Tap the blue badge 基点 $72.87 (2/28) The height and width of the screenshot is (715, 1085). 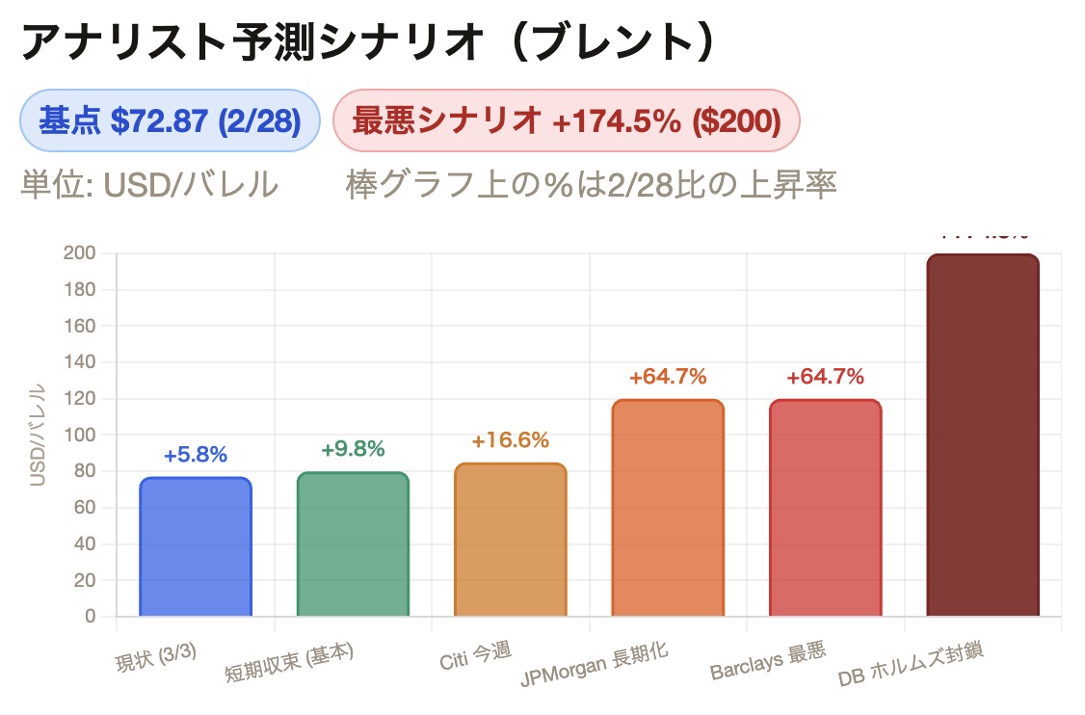coord(170,121)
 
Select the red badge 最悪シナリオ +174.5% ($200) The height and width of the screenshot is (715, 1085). coord(566,121)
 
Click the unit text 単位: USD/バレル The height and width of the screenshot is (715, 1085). coord(149,184)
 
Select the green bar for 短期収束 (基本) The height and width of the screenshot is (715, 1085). coord(353,544)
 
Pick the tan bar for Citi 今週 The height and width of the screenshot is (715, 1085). coord(510,540)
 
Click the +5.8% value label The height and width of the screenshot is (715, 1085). coord(196,455)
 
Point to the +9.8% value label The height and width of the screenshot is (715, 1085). coord(353,448)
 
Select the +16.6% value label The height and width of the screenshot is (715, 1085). coord(510,440)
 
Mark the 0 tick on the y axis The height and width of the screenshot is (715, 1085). coord(90,617)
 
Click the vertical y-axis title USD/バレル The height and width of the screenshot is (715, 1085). coord(39,435)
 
